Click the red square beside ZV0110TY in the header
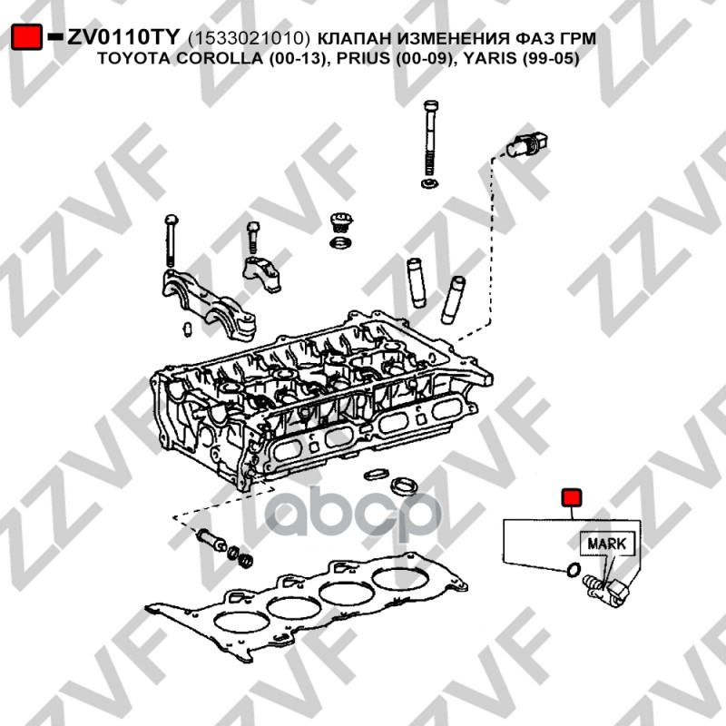click(26, 37)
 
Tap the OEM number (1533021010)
click(250, 38)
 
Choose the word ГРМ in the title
click(580, 38)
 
